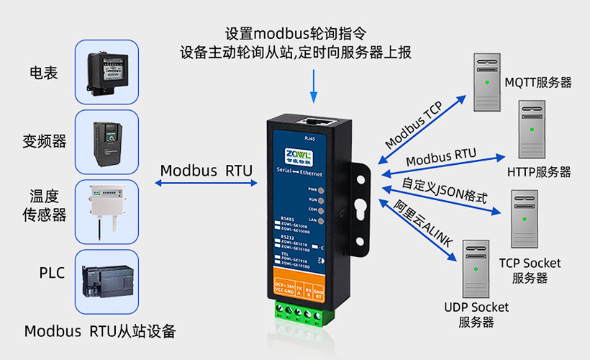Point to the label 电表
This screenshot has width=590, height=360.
coord(44,73)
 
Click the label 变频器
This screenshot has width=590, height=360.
coord(44,142)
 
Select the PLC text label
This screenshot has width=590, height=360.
coord(52,273)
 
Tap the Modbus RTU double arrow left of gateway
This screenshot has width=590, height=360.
coord(206,184)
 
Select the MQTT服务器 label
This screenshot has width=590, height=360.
coord(538,82)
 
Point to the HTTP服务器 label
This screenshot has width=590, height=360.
coord(539,172)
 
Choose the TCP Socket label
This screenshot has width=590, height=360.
coord(530,263)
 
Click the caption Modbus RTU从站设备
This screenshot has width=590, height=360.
coord(100,332)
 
